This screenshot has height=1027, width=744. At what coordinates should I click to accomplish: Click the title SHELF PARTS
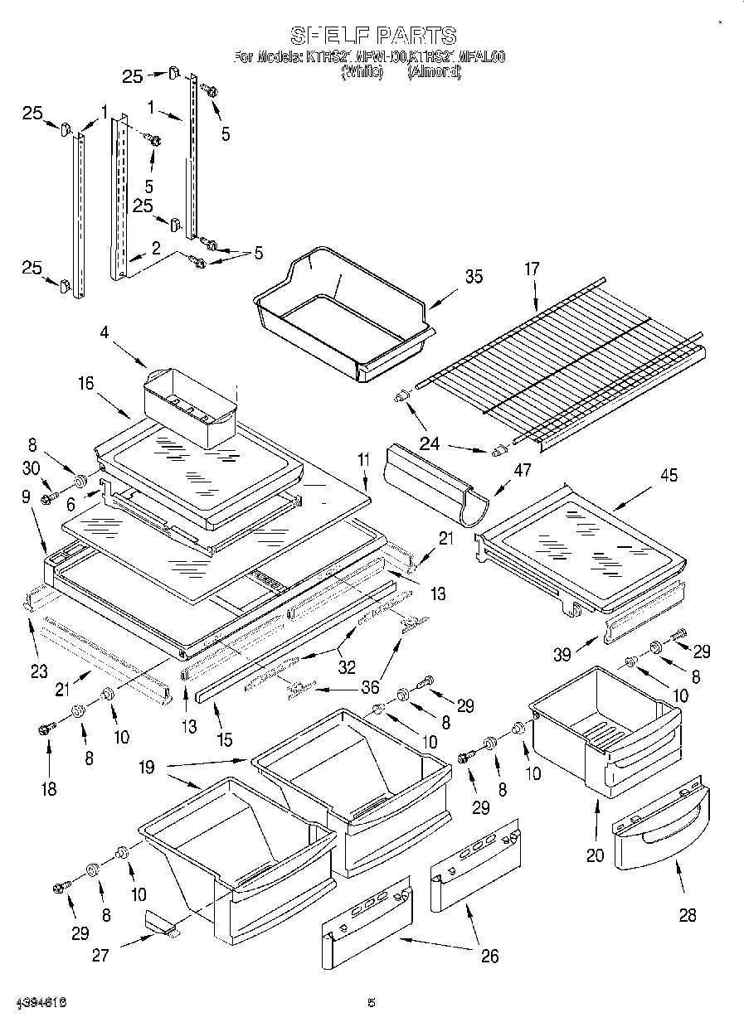pyautogui.click(x=372, y=35)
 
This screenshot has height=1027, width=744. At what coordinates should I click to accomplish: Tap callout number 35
pyautogui.click(x=473, y=277)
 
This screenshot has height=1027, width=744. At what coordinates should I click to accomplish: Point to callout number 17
pyautogui.click(x=532, y=269)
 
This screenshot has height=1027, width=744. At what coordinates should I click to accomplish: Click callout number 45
pyautogui.click(x=669, y=476)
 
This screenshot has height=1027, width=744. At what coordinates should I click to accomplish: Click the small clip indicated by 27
pyautogui.click(x=160, y=923)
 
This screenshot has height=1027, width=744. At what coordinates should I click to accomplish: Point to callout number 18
pyautogui.click(x=49, y=788)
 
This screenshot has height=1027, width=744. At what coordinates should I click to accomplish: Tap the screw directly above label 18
pyautogui.click(x=45, y=729)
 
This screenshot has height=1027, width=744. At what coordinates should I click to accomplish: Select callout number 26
pyautogui.click(x=489, y=956)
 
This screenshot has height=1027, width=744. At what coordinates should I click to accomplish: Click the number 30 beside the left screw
pyautogui.click(x=32, y=467)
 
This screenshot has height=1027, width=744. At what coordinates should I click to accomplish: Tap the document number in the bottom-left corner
pyautogui.click(x=40, y=1003)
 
